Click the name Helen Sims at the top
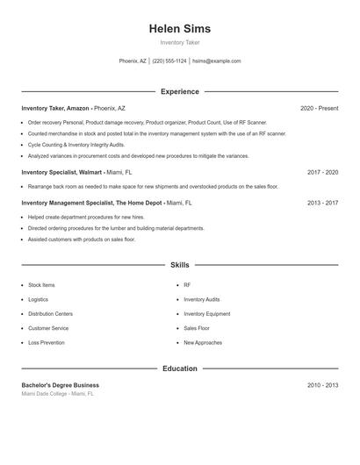click(180, 29)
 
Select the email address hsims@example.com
click(216, 61)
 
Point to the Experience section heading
click(180, 91)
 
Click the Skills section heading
click(180, 264)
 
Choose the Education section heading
click(180, 368)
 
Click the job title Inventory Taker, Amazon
click(55, 108)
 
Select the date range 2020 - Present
click(319, 108)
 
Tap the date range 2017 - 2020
click(322, 173)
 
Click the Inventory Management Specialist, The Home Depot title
click(91, 203)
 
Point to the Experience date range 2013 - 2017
click(322, 203)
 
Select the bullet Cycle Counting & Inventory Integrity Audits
click(76, 145)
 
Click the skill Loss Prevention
click(47, 343)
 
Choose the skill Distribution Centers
click(50, 314)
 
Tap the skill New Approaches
click(203, 343)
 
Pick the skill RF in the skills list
click(187, 285)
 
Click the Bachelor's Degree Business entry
click(61, 385)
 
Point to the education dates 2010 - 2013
click(322, 385)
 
